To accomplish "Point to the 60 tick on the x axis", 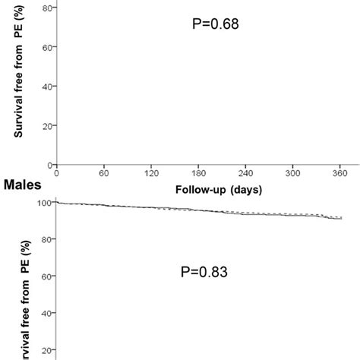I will (104, 172).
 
